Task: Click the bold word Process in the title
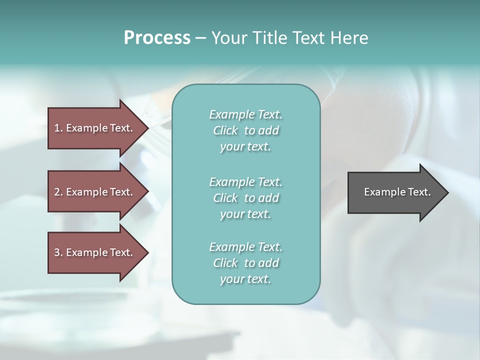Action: click(x=157, y=38)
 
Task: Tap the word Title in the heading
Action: click(x=269, y=38)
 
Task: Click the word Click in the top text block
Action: click(x=225, y=130)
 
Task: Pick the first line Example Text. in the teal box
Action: click(x=245, y=114)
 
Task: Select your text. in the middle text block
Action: click(x=245, y=214)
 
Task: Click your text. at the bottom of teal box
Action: click(x=245, y=279)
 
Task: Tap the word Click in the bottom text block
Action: click(x=225, y=263)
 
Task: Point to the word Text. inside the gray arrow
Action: click(x=419, y=192)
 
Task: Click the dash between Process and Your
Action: click(x=200, y=38)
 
